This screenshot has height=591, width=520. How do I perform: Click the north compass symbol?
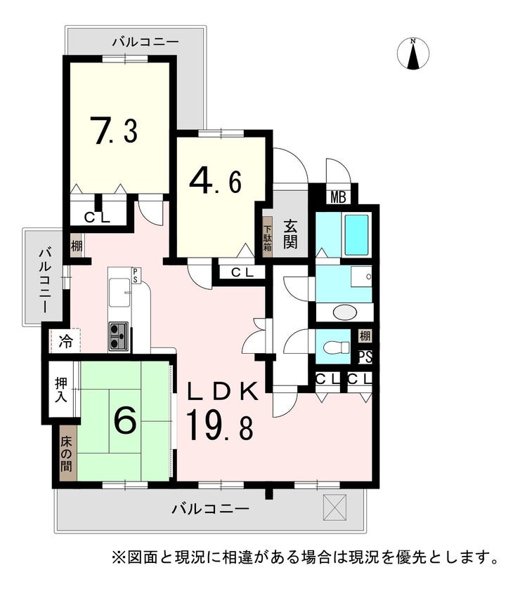pos(414,54)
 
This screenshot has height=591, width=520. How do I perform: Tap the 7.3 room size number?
pos(116,131)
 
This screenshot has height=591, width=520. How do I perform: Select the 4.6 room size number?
pos(215,182)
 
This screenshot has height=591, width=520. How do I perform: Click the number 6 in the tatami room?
pos(124,420)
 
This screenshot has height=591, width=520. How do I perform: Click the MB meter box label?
pos(338,197)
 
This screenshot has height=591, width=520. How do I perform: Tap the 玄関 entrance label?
pos(290,234)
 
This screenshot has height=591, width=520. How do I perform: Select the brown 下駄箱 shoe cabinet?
pos(267,237)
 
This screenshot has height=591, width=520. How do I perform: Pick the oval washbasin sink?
pos(345,312)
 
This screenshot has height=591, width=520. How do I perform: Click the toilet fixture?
pos(338,347)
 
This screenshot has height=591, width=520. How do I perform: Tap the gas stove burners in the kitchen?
pos(119,337)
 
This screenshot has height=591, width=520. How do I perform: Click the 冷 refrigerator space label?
pos(65,342)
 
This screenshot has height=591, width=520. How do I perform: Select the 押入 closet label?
pos(61,390)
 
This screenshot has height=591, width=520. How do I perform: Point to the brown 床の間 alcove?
pos(68,453)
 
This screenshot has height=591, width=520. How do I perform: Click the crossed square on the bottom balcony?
pos(334,507)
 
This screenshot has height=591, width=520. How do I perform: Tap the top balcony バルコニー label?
pos(145,42)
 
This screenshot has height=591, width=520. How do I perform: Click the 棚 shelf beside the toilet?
pos(365,336)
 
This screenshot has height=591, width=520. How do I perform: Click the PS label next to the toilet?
pos(365,357)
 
